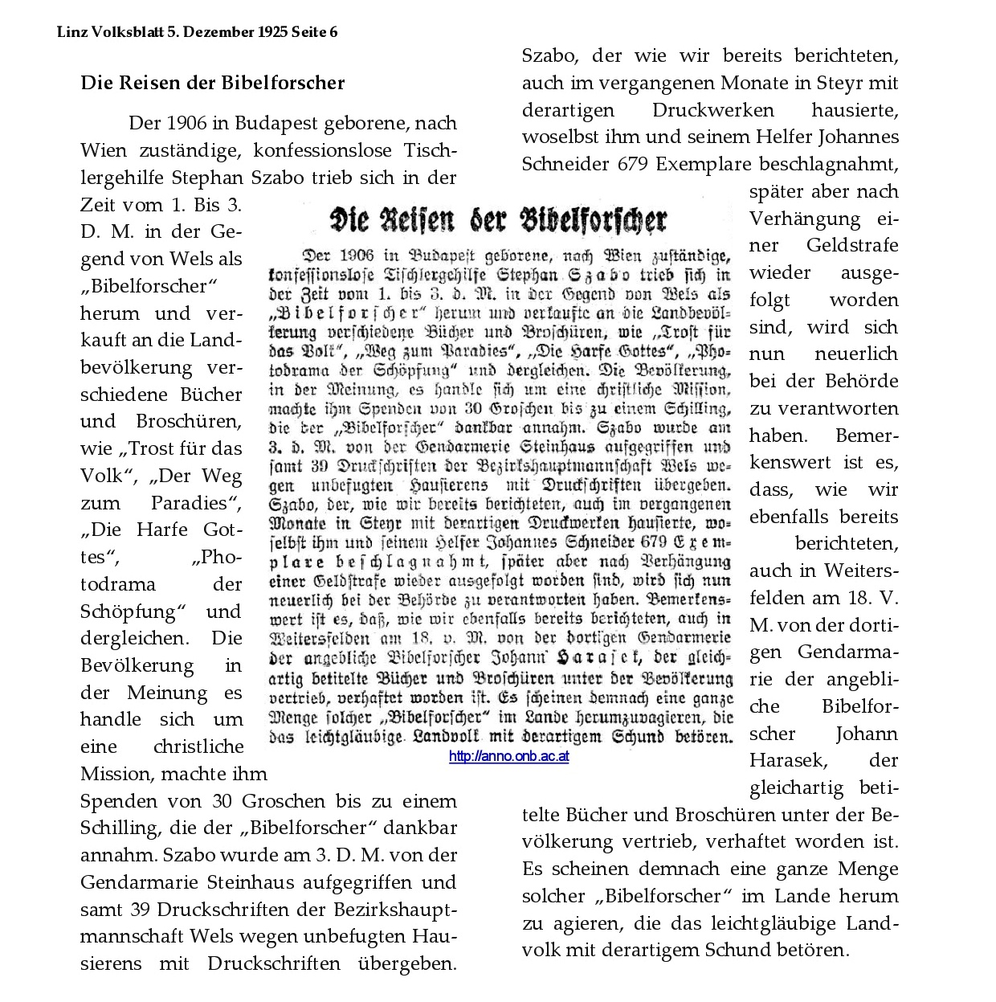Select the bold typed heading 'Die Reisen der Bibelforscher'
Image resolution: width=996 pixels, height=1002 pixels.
coord(213,83)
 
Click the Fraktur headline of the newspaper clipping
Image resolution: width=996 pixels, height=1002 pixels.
coord(499,219)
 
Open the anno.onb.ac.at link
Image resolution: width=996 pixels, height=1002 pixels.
coord(509,756)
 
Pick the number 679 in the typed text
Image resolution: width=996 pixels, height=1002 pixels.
coord(635,164)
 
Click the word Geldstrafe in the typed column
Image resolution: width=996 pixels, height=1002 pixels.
coord(852,246)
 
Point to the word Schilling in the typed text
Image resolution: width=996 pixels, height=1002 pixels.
coord(118,828)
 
